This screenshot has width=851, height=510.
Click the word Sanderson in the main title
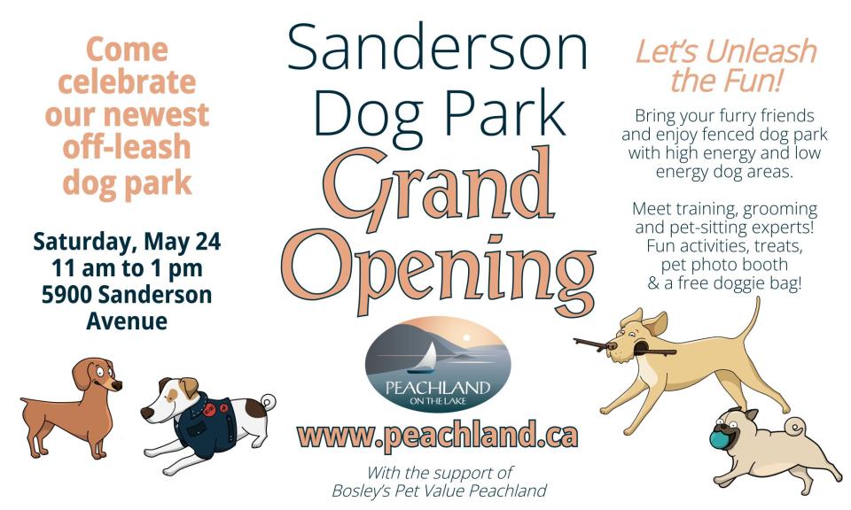(437, 48)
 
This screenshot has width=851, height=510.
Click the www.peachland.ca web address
(437, 436)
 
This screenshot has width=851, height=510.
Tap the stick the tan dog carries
(624, 347)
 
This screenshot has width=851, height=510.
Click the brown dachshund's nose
(118, 385)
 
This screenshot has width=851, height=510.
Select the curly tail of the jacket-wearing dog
(268, 403)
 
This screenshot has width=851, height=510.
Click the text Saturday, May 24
(127, 242)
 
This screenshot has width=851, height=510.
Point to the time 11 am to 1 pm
(127, 268)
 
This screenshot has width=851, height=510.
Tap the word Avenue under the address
(127, 321)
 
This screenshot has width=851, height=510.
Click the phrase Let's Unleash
(726, 52)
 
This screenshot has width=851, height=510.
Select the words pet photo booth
(724, 265)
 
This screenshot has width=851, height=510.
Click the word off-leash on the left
(127, 147)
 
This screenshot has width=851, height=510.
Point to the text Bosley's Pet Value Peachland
(439, 491)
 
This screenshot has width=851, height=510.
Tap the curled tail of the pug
(796, 428)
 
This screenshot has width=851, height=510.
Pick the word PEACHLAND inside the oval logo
(437, 388)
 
